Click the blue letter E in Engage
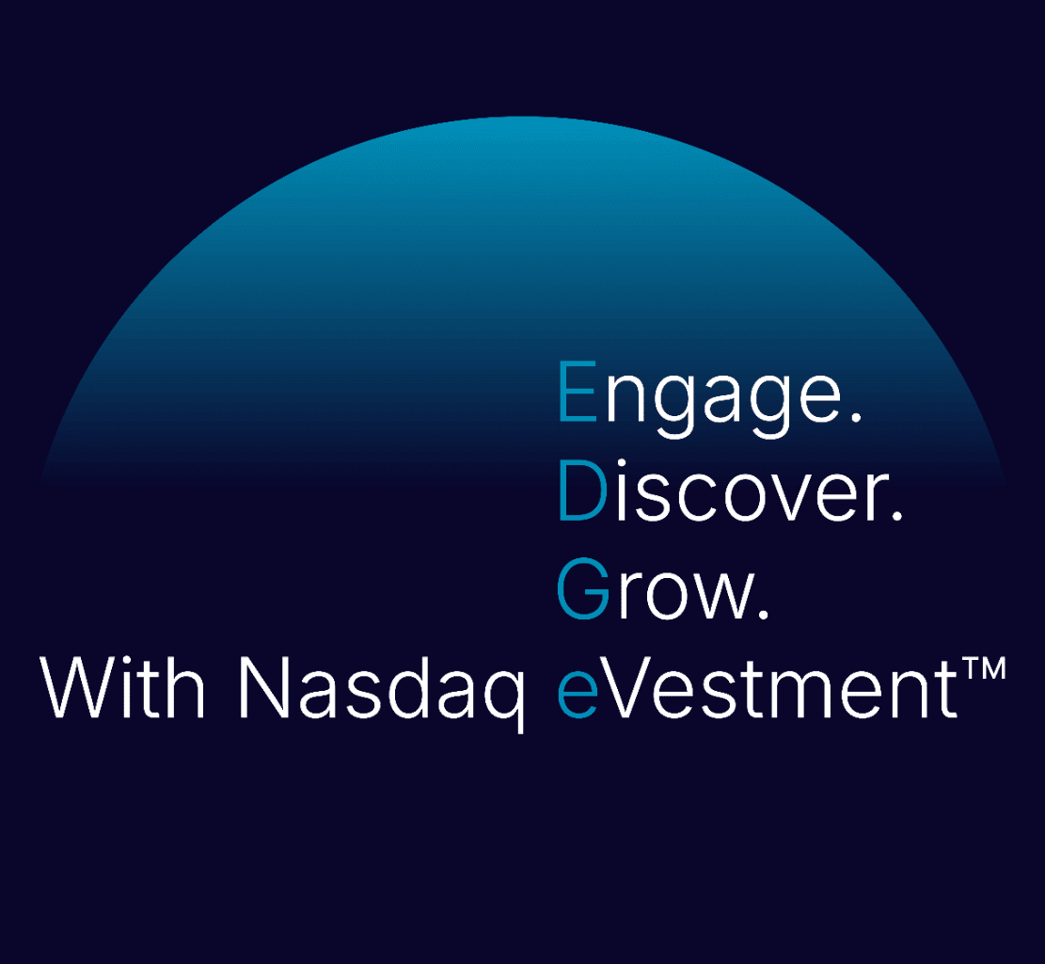[578, 391]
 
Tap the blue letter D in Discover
[582, 490]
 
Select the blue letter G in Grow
[583, 588]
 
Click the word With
[122, 687]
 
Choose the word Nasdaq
[382, 694]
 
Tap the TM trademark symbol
[983, 668]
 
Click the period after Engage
[856, 417]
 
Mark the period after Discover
[896, 515]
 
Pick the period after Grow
[763, 614]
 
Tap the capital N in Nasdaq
[263, 687]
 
